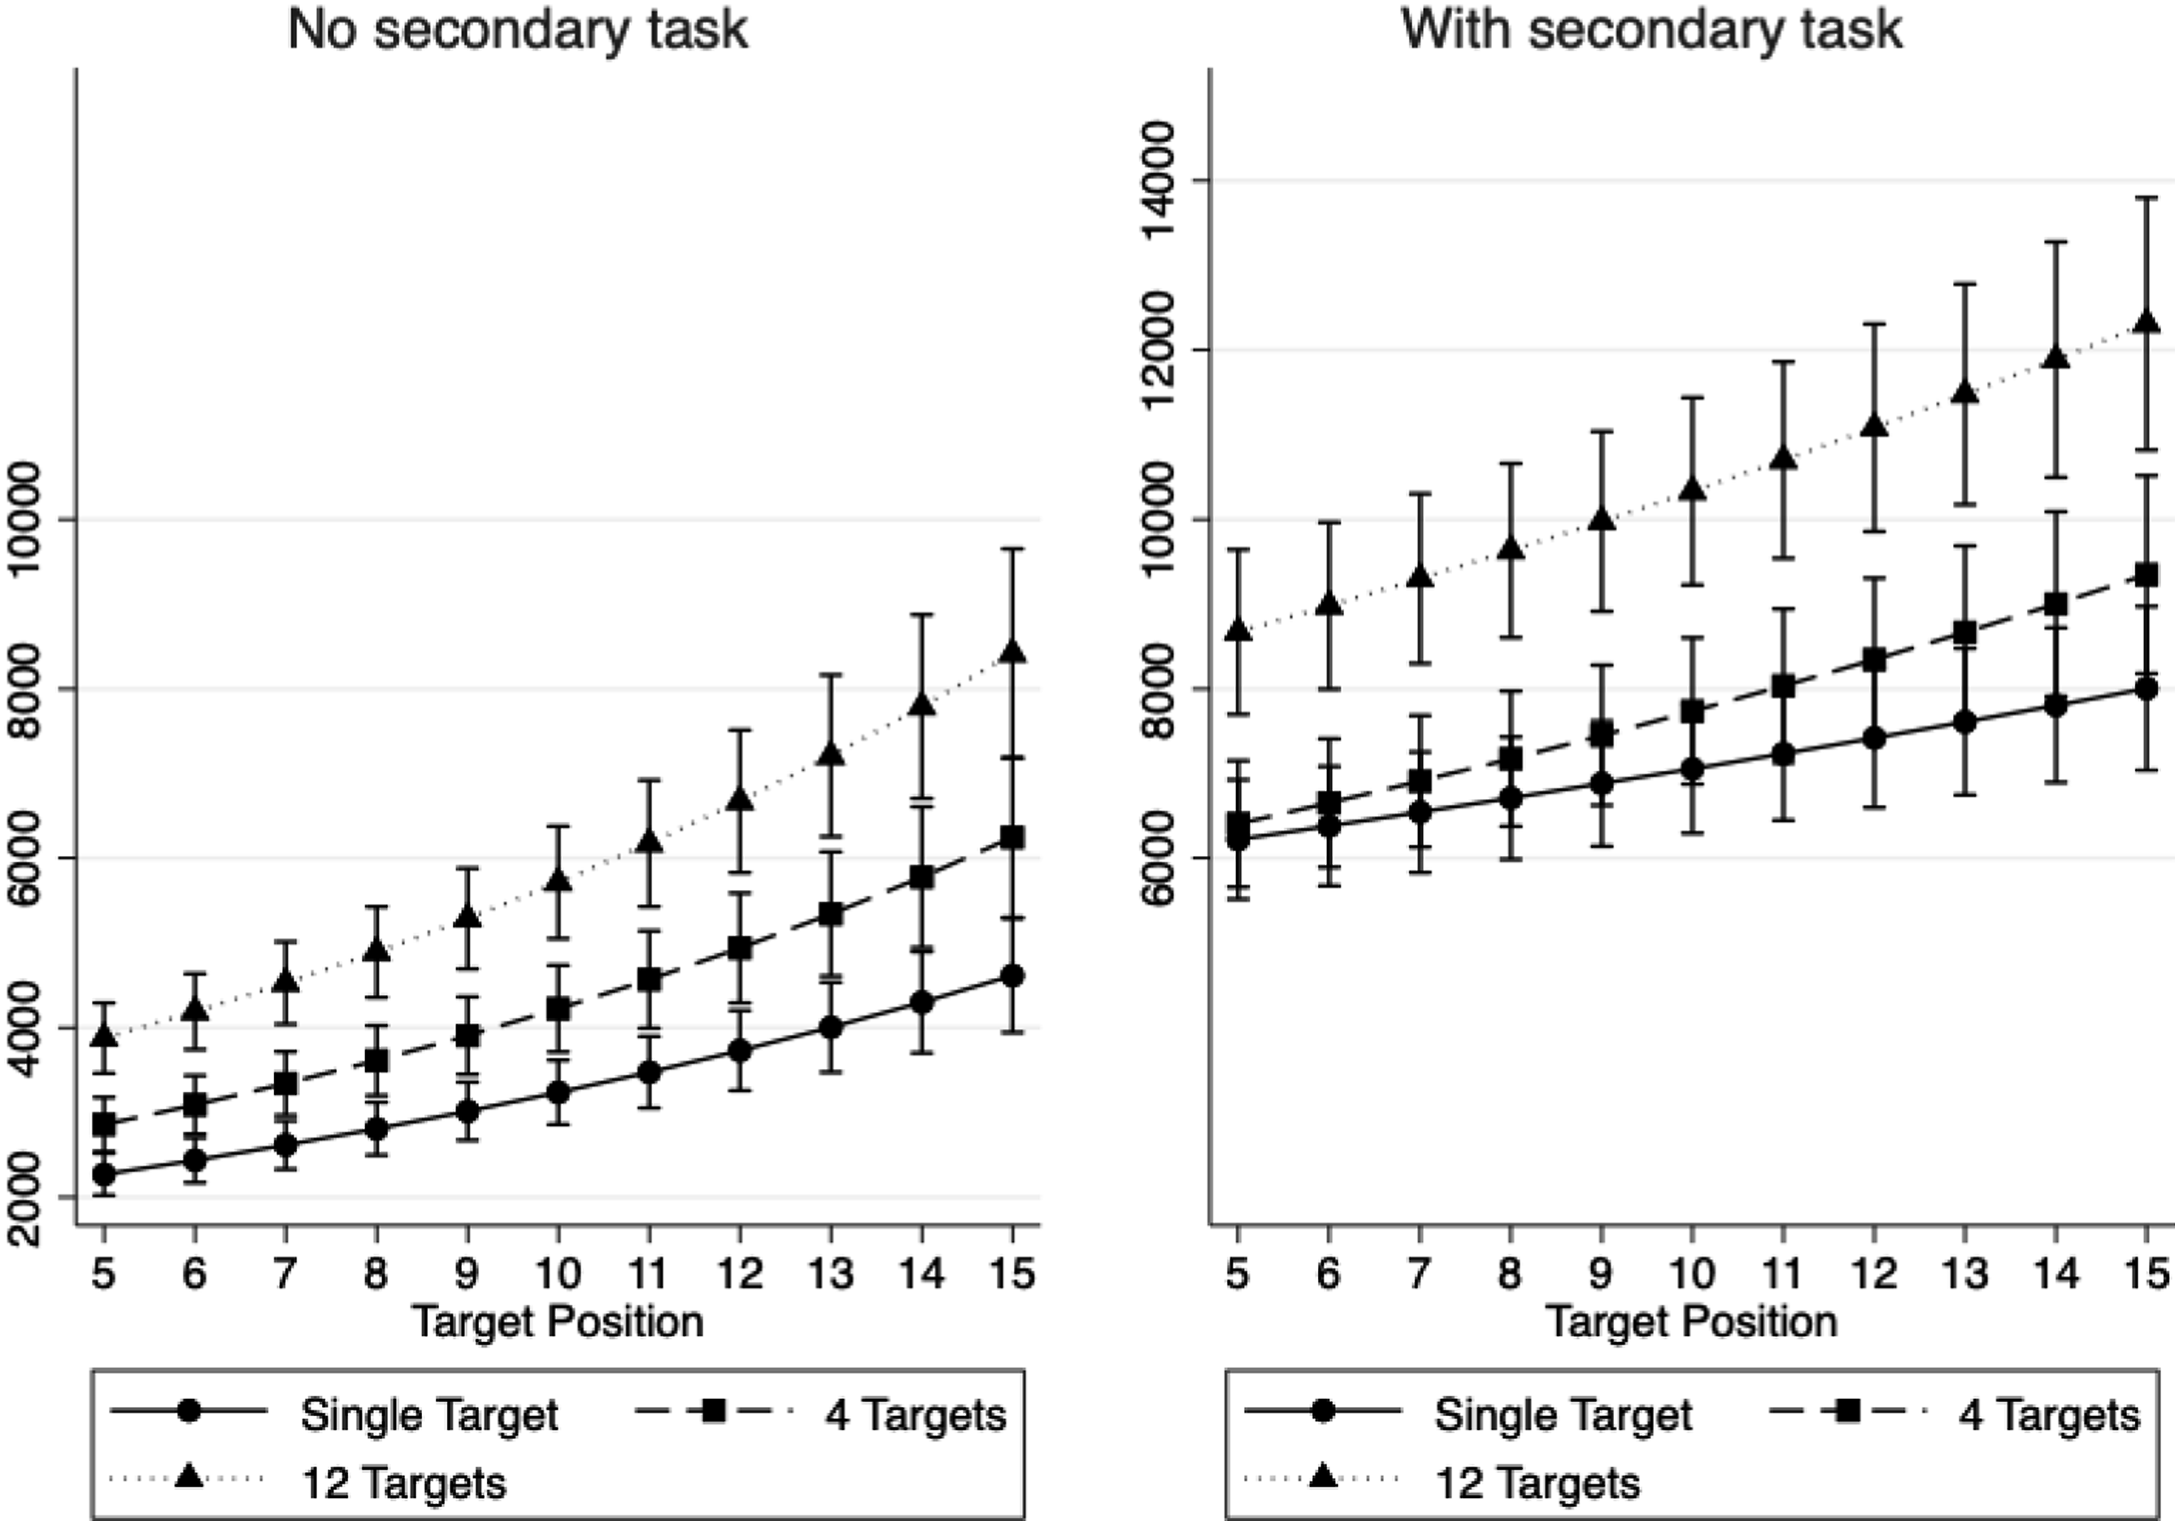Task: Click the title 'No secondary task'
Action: [x=518, y=30]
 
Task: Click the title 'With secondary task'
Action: [x=1651, y=30]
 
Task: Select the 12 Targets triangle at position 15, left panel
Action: [x=1012, y=652]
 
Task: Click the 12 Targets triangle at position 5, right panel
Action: [x=1237, y=629]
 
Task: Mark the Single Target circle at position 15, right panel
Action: [x=2146, y=689]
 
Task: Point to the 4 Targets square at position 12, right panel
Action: [x=1873, y=661]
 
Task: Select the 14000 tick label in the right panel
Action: [x=1168, y=181]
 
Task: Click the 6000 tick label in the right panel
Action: [x=1168, y=858]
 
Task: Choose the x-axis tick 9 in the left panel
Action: [x=467, y=1274]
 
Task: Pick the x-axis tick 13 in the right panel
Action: [x=1964, y=1274]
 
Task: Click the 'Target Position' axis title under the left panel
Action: [x=558, y=1322]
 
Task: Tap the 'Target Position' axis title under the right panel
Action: [x=1691, y=1322]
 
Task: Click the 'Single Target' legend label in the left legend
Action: [x=430, y=1416]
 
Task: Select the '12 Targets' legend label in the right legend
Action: [x=1537, y=1482]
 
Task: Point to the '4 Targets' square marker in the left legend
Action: [x=714, y=1413]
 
